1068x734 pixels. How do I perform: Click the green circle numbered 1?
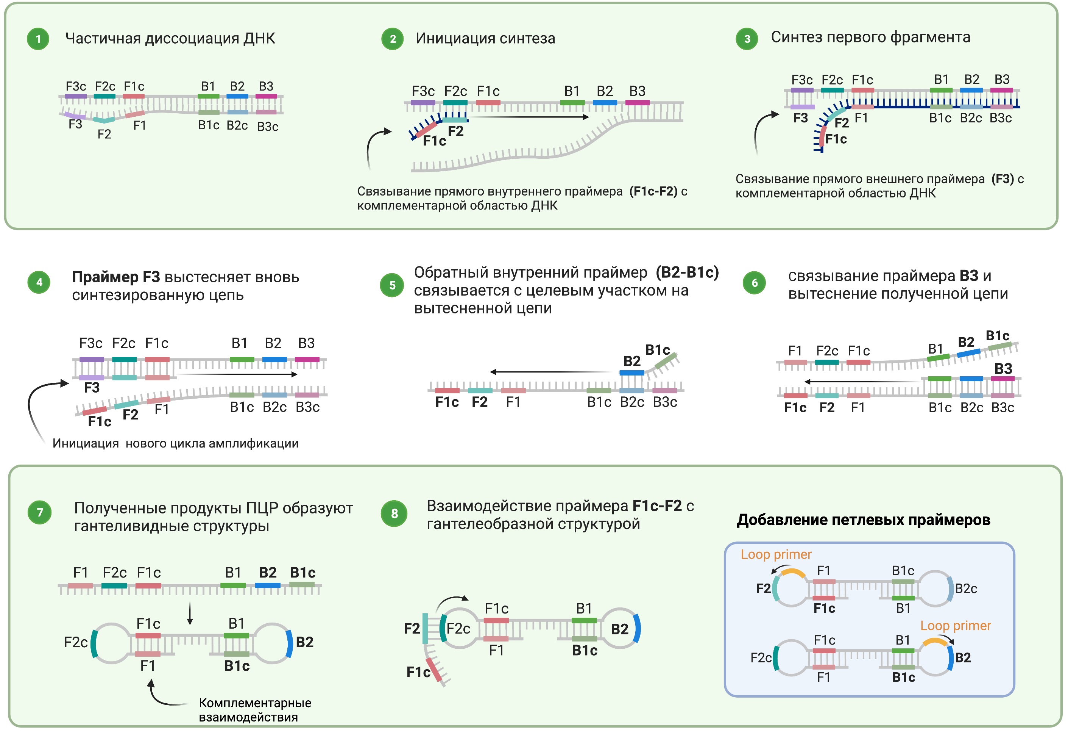(38, 39)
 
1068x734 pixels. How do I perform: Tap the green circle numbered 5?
(392, 285)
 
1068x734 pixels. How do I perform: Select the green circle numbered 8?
(394, 513)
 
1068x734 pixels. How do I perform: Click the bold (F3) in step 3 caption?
(1002, 179)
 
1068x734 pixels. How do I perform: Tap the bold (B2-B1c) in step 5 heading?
(687, 272)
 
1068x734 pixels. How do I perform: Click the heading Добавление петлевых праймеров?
(864, 520)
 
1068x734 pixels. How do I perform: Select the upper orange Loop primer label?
(776, 555)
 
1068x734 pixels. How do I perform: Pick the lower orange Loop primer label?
(956, 626)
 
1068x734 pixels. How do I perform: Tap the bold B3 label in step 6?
(1003, 369)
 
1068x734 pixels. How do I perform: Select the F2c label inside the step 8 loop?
(458, 628)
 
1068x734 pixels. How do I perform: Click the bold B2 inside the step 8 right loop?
(619, 629)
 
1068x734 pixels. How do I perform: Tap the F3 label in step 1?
(75, 125)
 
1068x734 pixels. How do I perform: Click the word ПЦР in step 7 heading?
(262, 508)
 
